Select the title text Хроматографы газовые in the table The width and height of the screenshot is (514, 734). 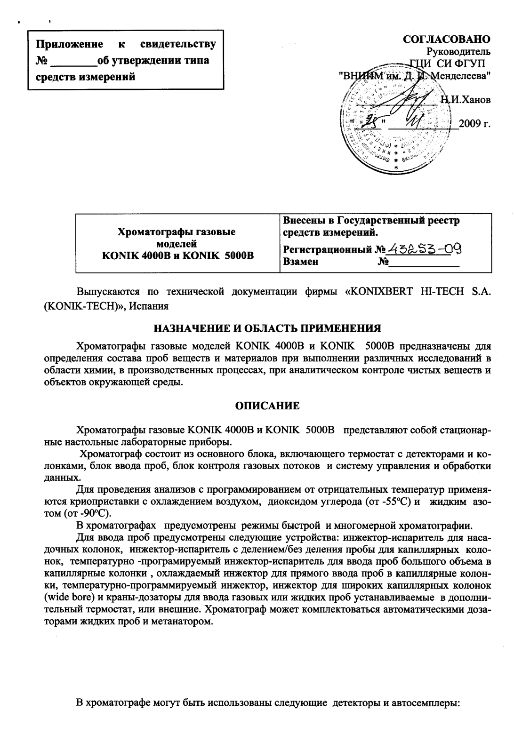coord(176,231)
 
